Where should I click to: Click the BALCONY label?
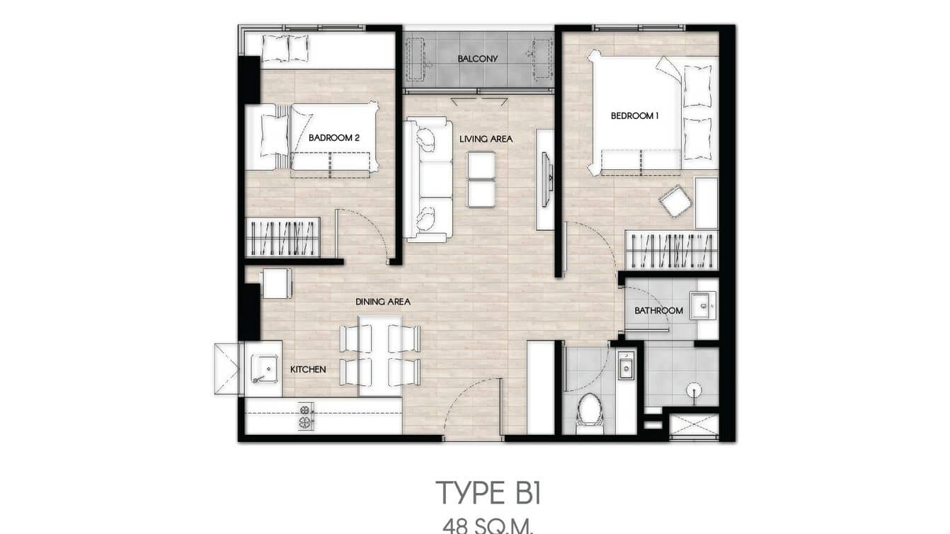(x=477, y=59)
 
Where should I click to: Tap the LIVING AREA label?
(x=486, y=140)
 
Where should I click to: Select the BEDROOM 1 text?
(x=635, y=116)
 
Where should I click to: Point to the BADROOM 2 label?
(x=334, y=138)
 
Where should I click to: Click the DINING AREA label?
(x=383, y=302)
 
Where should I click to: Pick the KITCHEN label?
(x=308, y=370)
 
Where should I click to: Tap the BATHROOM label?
(x=658, y=311)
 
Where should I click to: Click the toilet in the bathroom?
(x=588, y=411)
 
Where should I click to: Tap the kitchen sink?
(x=265, y=369)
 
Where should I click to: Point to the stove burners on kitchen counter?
(x=305, y=416)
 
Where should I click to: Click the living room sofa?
(x=428, y=180)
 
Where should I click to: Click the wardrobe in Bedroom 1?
(x=671, y=250)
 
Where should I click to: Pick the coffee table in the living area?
(x=481, y=180)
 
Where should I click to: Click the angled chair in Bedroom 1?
(x=675, y=201)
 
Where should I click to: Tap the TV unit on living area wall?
(x=545, y=179)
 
